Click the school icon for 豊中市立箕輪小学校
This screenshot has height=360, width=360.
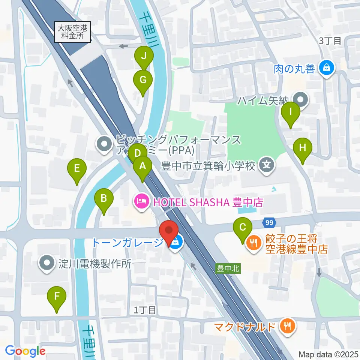(267, 165)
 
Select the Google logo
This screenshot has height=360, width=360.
(25, 351)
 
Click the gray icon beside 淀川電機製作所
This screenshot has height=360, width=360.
(47, 264)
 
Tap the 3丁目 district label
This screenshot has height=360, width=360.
(330, 41)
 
